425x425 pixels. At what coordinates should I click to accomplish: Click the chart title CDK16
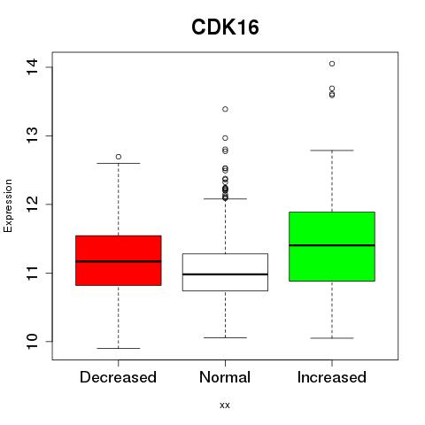tap(225, 27)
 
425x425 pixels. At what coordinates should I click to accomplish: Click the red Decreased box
tap(119, 260)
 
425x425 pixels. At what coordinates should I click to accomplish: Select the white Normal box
tap(225, 272)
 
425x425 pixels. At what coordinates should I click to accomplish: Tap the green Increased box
tap(332, 246)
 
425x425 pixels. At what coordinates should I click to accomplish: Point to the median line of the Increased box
tap(332, 245)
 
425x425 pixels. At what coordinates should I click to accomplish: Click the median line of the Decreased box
tap(119, 261)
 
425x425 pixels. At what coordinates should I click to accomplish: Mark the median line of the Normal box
tap(225, 274)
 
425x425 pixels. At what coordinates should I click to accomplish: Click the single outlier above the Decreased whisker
tap(119, 157)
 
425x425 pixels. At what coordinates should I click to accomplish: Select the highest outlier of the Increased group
tap(332, 64)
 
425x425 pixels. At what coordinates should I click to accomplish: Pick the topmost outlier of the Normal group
tap(225, 109)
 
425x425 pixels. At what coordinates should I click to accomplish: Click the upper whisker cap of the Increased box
tap(332, 151)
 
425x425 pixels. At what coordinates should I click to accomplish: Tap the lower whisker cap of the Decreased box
tap(119, 348)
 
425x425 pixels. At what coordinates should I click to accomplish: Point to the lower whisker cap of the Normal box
tap(225, 337)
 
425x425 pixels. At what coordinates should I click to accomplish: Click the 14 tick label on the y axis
tap(32, 67)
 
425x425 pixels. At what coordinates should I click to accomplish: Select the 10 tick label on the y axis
tap(32, 342)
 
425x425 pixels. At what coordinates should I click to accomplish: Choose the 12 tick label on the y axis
tap(32, 205)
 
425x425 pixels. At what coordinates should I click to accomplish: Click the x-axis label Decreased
tap(118, 377)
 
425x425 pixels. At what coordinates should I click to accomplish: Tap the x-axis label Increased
tap(332, 377)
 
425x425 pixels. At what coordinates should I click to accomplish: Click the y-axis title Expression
tap(8, 205)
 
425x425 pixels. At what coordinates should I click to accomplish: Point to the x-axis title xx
tap(225, 406)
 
